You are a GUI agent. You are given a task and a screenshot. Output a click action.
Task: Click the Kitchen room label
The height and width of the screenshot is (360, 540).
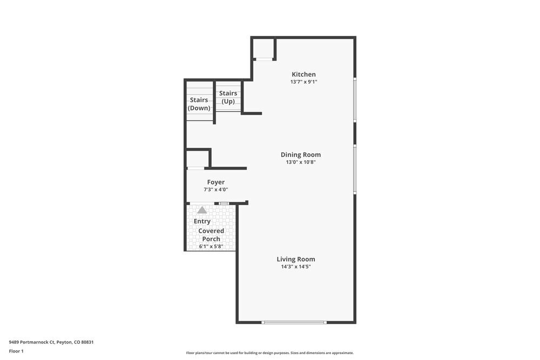(303, 74)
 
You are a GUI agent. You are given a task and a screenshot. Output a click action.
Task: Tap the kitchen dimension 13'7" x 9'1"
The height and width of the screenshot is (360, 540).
(303, 82)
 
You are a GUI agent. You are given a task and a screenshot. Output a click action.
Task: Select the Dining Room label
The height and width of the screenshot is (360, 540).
(300, 155)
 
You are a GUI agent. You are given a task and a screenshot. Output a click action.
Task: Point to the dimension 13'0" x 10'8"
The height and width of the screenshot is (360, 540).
(300, 162)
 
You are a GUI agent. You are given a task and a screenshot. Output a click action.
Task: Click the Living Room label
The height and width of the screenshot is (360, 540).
(296, 259)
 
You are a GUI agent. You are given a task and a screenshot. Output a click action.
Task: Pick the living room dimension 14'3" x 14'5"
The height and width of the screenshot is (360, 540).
(296, 267)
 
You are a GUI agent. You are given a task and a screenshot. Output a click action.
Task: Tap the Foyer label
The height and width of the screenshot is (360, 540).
(216, 182)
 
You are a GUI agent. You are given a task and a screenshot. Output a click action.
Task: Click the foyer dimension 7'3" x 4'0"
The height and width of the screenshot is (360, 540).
(216, 189)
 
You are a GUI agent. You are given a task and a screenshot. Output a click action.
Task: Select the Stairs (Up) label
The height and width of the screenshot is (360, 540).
(228, 97)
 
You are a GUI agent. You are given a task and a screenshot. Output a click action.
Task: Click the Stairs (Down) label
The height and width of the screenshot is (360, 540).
(199, 104)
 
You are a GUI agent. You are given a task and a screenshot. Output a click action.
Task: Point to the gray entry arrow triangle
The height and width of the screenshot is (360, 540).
(202, 210)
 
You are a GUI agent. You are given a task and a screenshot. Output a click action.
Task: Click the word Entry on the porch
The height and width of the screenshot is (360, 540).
(202, 221)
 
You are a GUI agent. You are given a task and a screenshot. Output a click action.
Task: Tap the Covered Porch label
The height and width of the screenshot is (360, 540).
(211, 235)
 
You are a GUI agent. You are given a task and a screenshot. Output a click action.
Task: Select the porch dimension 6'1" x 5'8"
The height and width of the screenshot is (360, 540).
(211, 247)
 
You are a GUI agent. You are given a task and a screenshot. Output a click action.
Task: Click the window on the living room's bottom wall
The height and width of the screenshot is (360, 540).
(294, 322)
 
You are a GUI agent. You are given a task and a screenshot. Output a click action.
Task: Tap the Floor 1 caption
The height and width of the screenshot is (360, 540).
(16, 351)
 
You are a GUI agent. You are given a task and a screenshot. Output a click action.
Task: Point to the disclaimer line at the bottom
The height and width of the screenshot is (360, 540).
(270, 353)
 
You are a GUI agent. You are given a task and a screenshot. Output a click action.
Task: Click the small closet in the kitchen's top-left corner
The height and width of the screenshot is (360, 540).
(264, 48)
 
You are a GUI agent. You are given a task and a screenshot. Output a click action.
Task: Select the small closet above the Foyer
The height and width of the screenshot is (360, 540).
(198, 159)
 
